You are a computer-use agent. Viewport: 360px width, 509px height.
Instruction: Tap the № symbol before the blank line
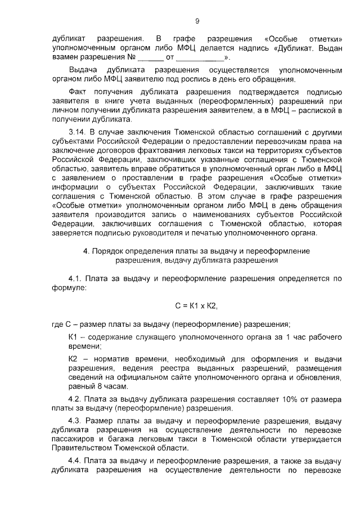click(x=131, y=57)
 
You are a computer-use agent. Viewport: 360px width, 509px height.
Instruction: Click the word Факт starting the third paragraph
click(x=78, y=91)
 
